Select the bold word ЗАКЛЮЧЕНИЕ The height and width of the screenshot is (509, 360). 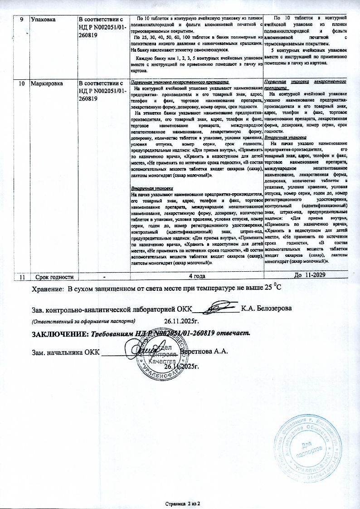click(59, 334)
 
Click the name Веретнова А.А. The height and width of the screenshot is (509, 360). click(203, 352)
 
